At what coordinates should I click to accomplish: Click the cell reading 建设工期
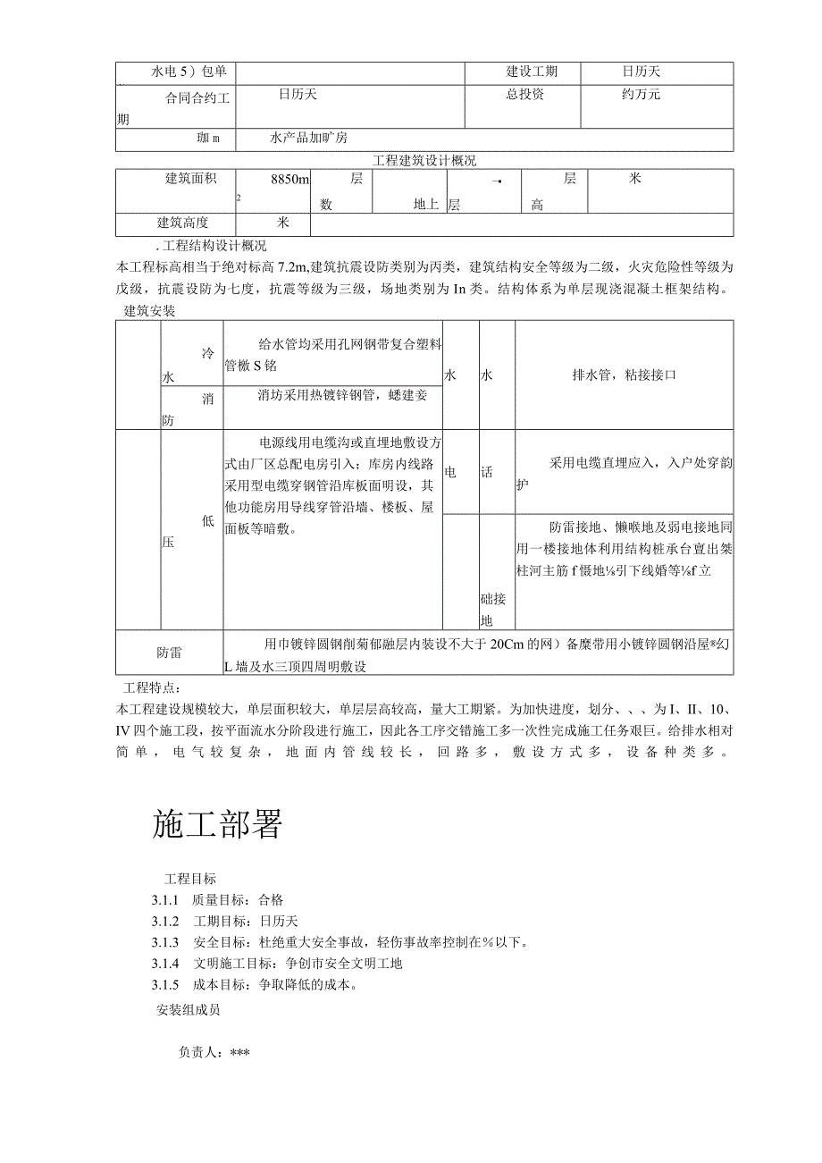click(532, 72)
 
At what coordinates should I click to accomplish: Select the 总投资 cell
click(524, 94)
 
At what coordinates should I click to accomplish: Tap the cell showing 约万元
click(642, 94)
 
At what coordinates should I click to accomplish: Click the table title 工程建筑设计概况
click(424, 161)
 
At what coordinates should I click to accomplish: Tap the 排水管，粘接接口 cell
click(624, 375)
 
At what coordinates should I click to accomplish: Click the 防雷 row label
click(169, 653)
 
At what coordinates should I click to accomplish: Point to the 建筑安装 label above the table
click(149, 311)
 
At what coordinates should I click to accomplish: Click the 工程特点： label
click(151, 687)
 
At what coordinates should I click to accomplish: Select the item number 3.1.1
click(165, 900)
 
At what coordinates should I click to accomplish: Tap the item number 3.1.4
click(165, 964)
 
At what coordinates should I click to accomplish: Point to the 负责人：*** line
click(214, 1053)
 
